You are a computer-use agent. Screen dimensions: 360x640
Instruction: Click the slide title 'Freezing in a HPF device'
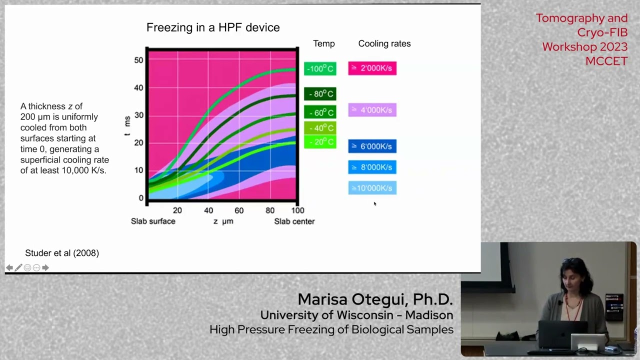coord(213,27)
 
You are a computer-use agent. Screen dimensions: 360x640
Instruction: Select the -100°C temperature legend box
coord(320,68)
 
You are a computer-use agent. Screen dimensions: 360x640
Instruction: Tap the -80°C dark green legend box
coord(320,94)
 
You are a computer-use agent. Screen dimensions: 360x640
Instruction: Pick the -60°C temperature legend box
coord(320,112)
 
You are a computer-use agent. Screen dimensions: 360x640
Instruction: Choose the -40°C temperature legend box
coord(320,128)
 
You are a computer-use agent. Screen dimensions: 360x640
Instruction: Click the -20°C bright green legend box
coord(320,142)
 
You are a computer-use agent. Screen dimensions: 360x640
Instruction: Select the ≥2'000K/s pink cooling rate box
coord(372,68)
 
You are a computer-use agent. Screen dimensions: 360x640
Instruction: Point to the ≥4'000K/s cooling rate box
coord(372,110)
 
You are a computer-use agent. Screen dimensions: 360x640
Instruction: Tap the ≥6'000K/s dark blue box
coord(372,146)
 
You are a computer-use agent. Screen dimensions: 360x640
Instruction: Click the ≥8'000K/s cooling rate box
coord(372,167)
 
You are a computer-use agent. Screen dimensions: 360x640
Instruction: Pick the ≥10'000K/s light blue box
coord(372,188)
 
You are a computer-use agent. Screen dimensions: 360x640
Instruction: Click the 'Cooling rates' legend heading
coord(384,43)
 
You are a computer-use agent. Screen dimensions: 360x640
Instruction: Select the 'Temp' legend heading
coord(323,43)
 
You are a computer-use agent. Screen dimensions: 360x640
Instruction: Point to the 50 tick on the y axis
coord(138,60)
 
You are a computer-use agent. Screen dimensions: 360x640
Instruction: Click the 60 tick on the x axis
coord(239,210)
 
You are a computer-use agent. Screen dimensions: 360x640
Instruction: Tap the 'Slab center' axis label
coord(294,221)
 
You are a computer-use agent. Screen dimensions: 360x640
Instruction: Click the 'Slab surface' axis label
coord(153,221)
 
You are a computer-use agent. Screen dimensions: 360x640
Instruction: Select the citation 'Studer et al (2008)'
coord(62,253)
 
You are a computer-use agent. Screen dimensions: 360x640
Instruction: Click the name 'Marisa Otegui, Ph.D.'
coord(375,299)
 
